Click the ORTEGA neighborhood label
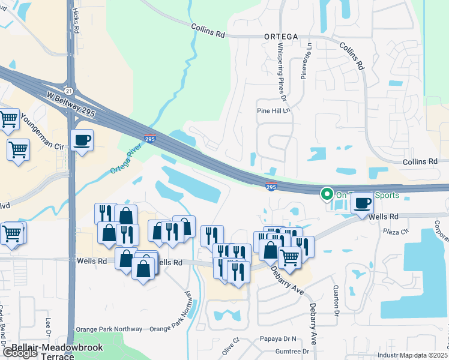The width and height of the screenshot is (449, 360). point(281,36)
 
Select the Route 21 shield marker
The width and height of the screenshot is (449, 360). point(70,91)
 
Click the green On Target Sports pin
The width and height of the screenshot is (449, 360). point(327,194)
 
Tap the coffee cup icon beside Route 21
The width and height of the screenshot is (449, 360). point(82,140)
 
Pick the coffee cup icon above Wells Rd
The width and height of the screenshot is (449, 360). point(363,203)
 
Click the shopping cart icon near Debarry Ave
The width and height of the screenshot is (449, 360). point(289,258)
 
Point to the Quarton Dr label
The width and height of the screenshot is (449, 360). point(336,300)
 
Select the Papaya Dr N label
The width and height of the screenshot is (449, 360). point(279,338)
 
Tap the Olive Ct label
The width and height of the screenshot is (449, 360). point(231,347)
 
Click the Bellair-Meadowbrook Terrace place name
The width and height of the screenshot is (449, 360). point(56,352)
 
